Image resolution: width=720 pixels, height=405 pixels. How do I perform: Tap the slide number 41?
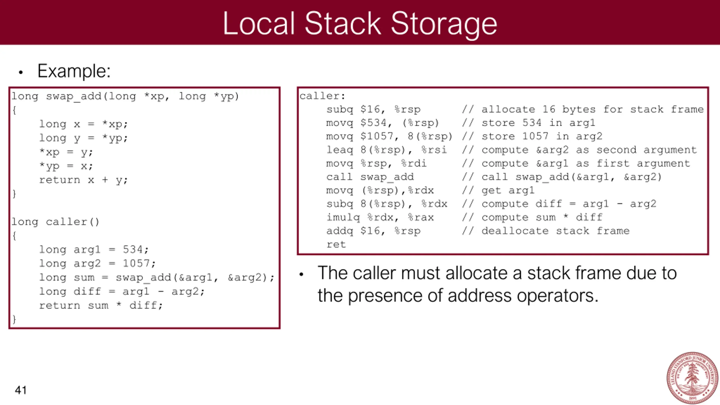(21, 390)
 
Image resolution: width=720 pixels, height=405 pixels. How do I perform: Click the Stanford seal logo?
(692, 377)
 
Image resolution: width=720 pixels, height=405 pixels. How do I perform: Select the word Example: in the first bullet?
(74, 71)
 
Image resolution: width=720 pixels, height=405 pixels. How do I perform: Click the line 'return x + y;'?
(84, 180)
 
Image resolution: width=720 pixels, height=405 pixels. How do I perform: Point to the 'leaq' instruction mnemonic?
(339, 150)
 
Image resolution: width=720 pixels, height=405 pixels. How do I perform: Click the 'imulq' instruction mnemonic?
(343, 217)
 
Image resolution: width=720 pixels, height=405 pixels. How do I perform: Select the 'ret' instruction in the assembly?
(336, 244)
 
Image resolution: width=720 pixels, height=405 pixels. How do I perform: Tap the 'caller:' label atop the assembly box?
(322, 96)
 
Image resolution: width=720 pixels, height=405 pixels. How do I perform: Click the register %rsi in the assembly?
(434, 150)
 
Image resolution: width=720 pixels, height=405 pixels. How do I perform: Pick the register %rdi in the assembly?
(414, 163)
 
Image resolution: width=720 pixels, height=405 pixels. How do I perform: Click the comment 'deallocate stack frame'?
(555, 231)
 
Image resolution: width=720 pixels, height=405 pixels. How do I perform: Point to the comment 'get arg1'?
(508, 190)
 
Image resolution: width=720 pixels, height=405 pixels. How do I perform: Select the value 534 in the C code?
(133, 249)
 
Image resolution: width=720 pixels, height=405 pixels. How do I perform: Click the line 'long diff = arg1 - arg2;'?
(122, 292)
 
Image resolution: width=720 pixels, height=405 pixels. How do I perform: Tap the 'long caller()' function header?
(55, 222)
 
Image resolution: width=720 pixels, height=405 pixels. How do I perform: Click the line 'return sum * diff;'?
(101, 305)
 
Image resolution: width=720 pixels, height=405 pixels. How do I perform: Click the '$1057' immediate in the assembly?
(377, 136)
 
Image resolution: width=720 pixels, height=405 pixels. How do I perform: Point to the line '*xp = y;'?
(66, 152)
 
